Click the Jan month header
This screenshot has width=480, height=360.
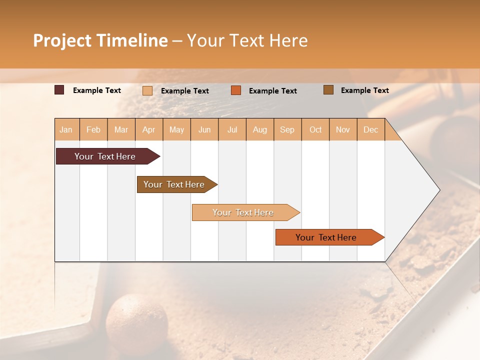pos(66,129)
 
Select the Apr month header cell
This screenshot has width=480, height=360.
pos(149,129)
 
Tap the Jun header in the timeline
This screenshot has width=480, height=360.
pos(204,129)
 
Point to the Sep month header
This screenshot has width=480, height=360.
pos(287,129)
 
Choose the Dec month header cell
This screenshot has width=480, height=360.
pos(370,129)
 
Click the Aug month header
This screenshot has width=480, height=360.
pos(259,129)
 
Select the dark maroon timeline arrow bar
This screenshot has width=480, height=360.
pos(105,156)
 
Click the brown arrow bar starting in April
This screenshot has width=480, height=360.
pos(174,184)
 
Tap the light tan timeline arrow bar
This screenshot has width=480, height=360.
pos(243,212)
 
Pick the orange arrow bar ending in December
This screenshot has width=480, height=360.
pos(326,237)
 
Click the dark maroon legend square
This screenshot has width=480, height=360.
pos(59,90)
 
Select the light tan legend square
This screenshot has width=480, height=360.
pos(147,90)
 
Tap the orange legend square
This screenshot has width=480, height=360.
pos(236,90)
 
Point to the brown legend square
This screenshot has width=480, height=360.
pos(328,90)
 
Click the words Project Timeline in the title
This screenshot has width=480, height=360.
pos(100,40)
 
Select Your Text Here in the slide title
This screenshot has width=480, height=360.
pos(247,40)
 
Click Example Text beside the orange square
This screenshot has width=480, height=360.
pos(272,90)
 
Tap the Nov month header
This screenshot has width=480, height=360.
pos(343,129)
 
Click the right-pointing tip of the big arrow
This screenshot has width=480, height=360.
pos(437,190)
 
